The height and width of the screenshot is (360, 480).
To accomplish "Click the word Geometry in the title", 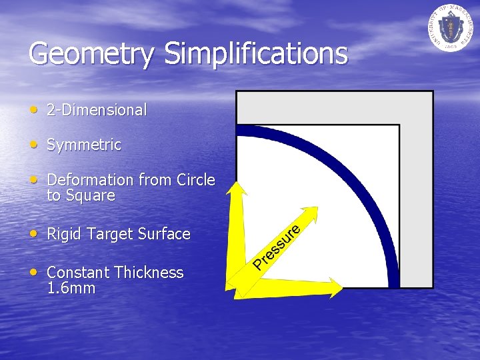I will click(x=91, y=54).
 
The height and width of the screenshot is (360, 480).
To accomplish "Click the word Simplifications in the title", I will click(x=256, y=53).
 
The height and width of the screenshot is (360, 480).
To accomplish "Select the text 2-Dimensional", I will click(x=97, y=110).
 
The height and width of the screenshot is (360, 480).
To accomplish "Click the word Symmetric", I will click(x=84, y=145).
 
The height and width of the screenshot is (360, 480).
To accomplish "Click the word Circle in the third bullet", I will click(x=196, y=180).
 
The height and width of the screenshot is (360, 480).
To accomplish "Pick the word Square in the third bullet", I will click(x=90, y=196).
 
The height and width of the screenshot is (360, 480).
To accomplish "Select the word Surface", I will click(x=164, y=234).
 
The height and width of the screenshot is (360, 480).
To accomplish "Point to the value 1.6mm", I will click(x=71, y=289).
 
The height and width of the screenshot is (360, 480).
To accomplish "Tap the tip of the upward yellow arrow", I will click(x=235, y=185).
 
